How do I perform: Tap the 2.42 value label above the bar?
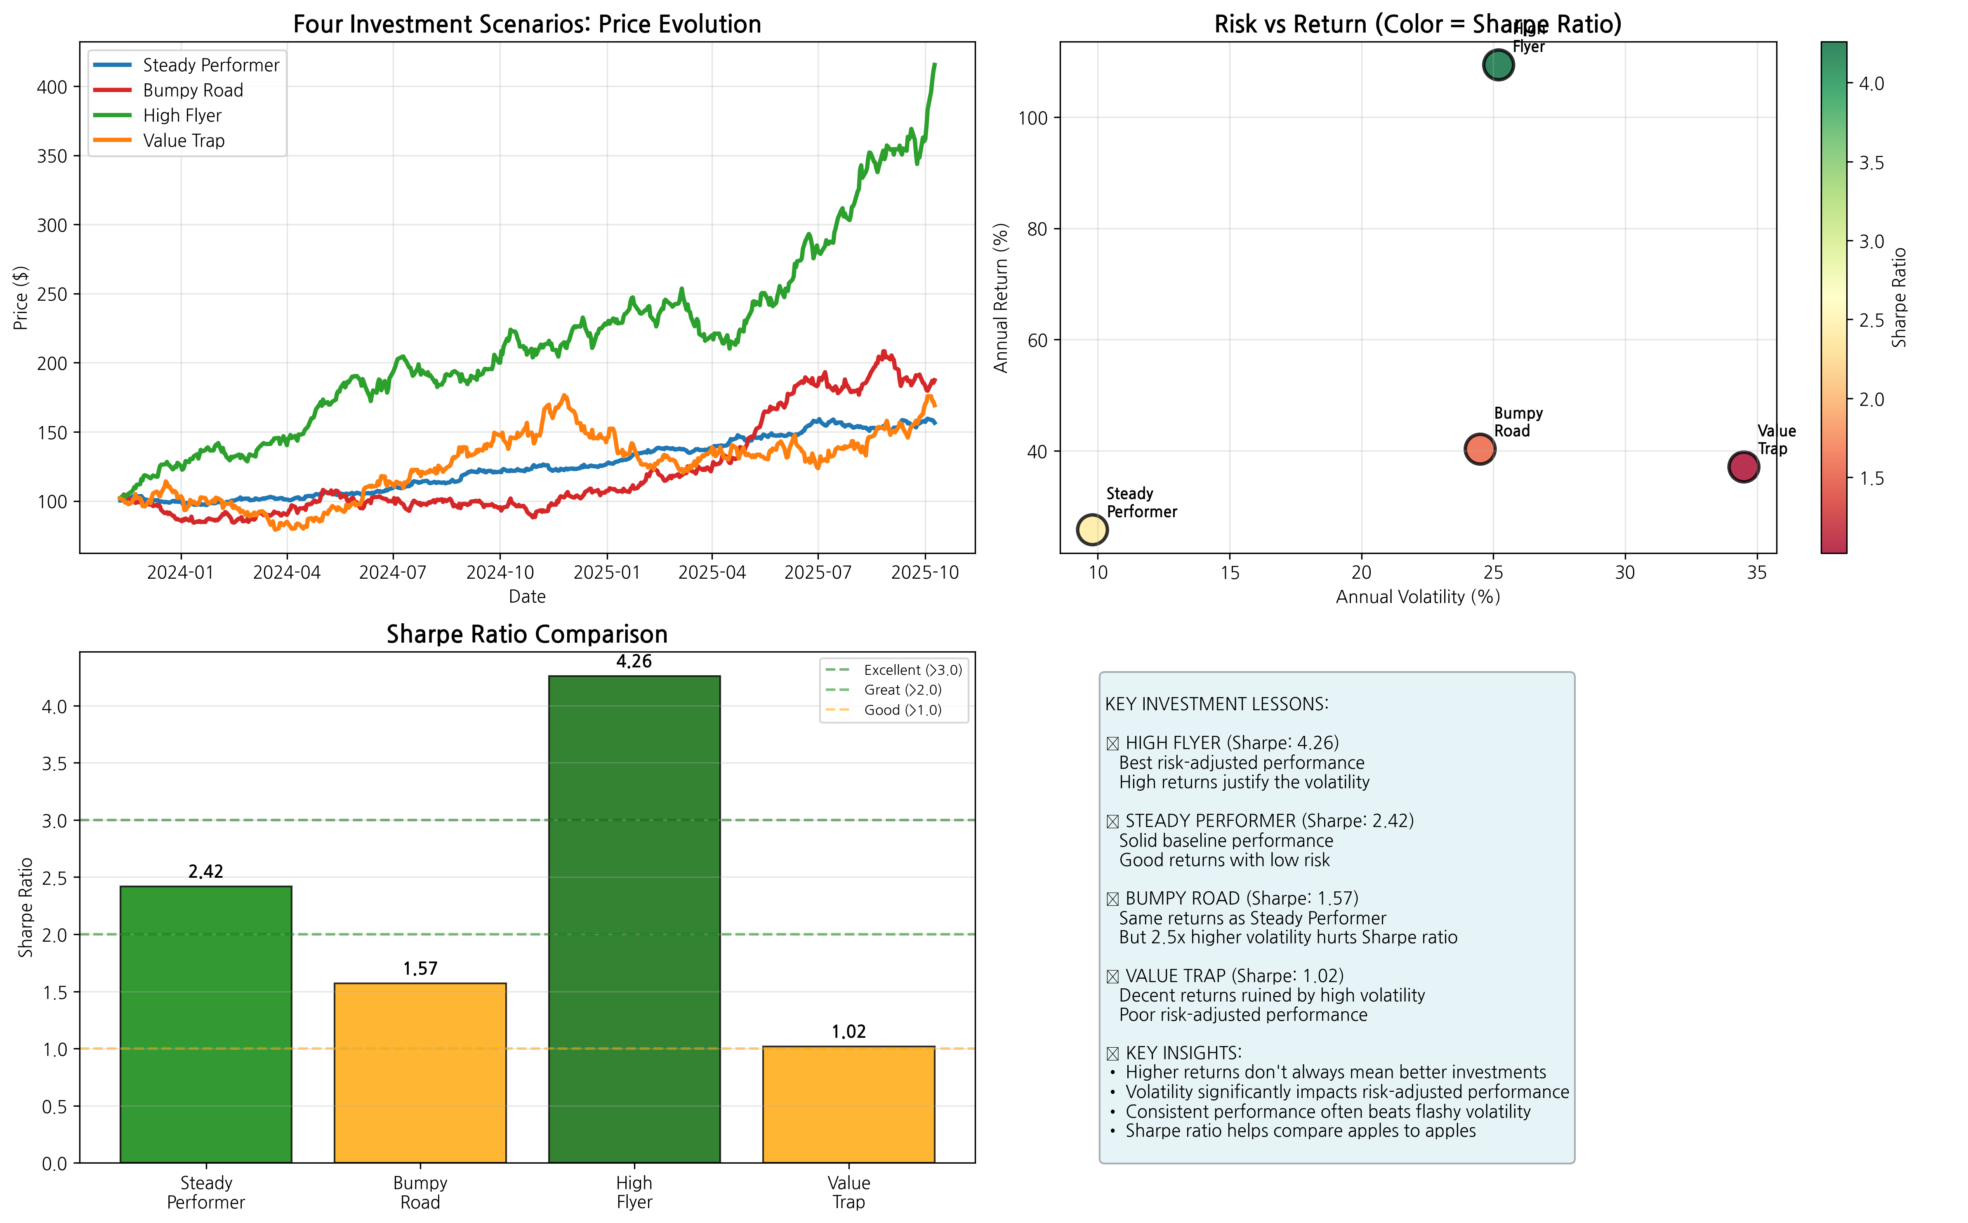[205, 871]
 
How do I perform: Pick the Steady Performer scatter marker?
[1092, 530]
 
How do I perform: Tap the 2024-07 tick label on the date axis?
[393, 573]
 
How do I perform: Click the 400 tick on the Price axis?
[52, 87]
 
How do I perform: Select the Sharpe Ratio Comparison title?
[527, 634]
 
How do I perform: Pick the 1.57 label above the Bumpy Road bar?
[420, 968]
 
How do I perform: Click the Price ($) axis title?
[21, 298]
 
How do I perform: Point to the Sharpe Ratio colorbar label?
[1899, 298]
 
